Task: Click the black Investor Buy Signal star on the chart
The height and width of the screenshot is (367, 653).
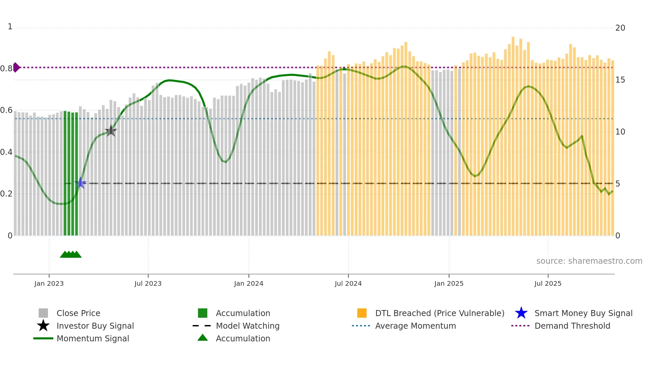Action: tap(111, 131)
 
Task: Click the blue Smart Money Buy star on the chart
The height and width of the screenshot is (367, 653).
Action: tap(80, 183)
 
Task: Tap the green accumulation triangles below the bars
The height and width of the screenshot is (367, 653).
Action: tap(71, 254)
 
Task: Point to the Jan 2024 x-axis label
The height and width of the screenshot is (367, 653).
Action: tap(249, 283)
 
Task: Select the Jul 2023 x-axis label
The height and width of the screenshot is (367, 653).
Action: tap(148, 283)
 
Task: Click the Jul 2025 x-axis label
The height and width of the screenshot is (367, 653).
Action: tap(548, 283)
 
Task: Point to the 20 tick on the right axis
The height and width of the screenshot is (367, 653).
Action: tap(620, 28)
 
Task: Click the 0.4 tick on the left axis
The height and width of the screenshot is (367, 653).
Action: tap(6, 152)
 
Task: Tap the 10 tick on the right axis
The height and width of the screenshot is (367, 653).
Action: tap(620, 132)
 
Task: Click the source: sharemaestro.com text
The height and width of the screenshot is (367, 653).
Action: tap(589, 261)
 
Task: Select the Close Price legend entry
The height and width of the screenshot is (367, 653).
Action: tap(78, 313)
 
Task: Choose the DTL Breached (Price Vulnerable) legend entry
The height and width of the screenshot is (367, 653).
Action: tap(439, 313)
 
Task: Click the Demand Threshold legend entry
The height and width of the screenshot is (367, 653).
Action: tap(572, 326)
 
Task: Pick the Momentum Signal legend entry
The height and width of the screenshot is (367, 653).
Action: tap(93, 338)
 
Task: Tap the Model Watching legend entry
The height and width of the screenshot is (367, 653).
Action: tap(248, 326)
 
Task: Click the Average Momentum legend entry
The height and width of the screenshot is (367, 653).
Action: tap(415, 326)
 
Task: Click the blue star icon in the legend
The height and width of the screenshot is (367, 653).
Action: tap(521, 313)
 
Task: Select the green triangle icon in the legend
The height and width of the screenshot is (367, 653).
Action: tap(203, 338)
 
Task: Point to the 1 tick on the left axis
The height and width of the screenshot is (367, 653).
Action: tap(10, 27)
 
